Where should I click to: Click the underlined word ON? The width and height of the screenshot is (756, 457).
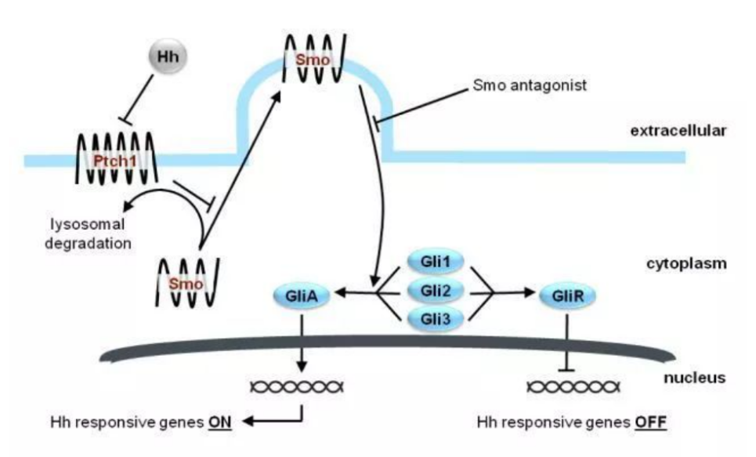pos(219,422)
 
